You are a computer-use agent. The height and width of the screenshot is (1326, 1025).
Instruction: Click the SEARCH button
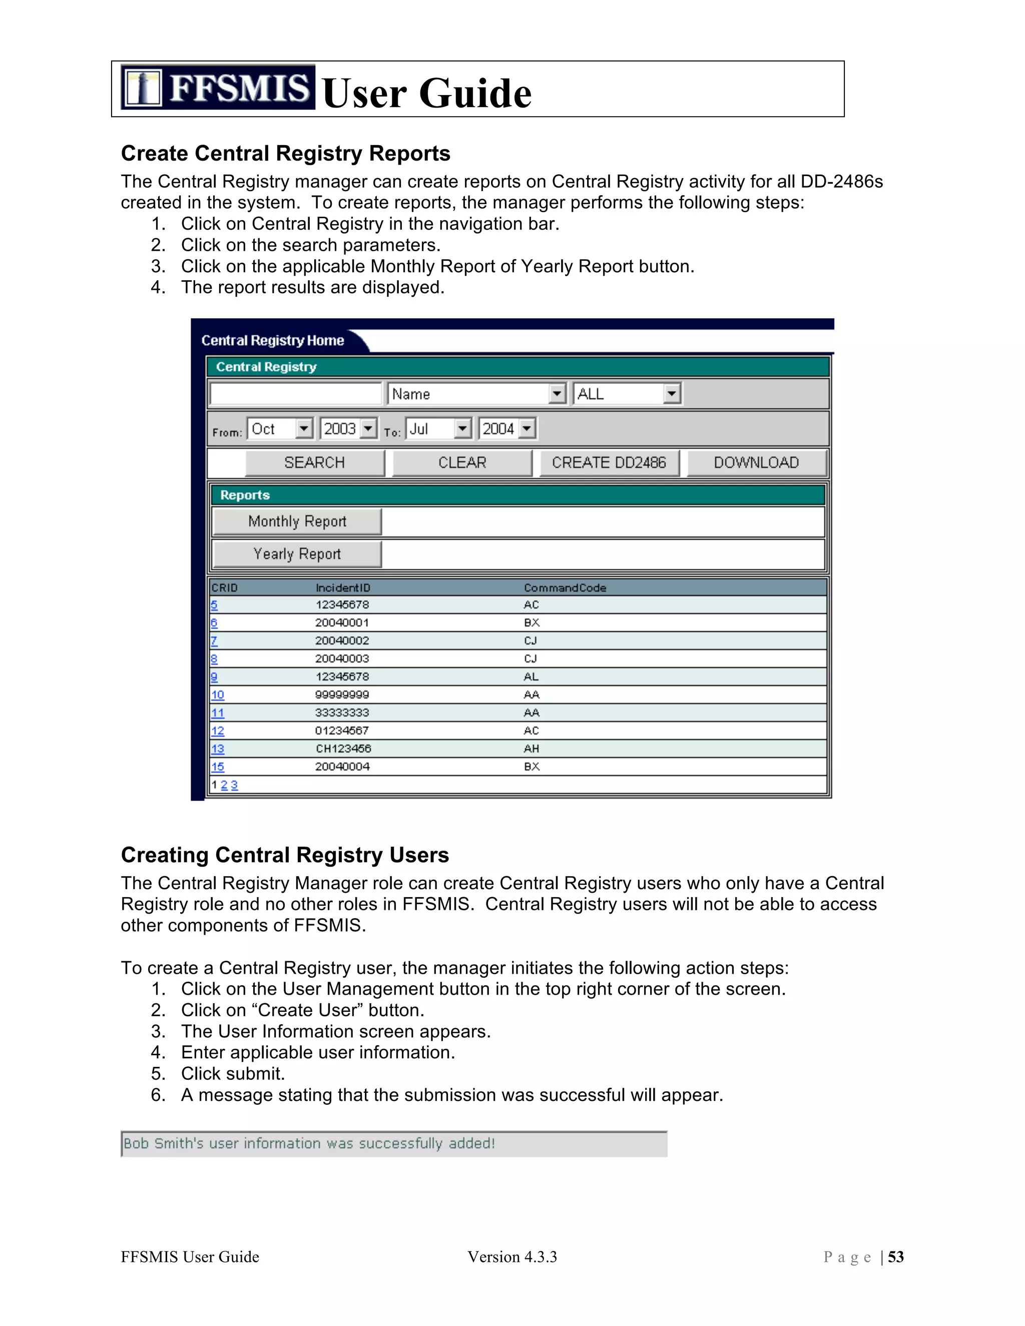pos(314,463)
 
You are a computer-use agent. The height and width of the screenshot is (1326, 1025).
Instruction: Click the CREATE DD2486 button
pos(609,463)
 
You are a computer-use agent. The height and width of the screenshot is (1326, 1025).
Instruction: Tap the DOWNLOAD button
pos(756,463)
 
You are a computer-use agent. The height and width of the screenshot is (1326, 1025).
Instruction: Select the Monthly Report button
pos(297,521)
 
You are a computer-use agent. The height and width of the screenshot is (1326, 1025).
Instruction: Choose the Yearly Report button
pos(297,554)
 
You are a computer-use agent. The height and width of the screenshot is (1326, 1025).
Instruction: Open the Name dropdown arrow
pos(557,394)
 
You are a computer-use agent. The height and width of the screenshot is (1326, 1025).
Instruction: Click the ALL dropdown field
pos(627,394)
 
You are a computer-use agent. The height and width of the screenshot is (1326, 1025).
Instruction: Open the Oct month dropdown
pos(280,429)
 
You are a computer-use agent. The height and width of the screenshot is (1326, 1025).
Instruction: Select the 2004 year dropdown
pos(507,429)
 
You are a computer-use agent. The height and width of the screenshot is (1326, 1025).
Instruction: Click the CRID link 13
pos(217,749)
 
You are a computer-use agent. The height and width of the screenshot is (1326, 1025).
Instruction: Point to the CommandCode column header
pos(565,588)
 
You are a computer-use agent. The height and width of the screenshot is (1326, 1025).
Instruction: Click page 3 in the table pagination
pos(234,785)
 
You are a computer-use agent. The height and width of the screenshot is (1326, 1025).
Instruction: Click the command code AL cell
pos(532,677)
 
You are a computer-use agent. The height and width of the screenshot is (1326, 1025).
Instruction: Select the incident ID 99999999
pos(342,695)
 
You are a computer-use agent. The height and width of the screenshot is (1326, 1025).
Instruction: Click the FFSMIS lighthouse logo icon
pos(143,88)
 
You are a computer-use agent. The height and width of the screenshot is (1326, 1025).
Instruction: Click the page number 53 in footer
pos(896,1257)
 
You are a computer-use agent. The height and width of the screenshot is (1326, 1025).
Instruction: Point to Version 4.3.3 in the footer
pos(512,1257)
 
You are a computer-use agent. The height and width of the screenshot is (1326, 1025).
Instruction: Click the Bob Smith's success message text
pos(309,1144)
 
